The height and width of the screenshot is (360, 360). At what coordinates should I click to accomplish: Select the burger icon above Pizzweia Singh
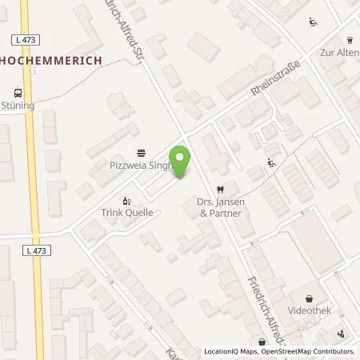click(x=142, y=153)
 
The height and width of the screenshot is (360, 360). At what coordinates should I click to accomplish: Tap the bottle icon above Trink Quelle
click(x=125, y=200)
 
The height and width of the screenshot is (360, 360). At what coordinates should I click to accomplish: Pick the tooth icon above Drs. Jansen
click(x=221, y=189)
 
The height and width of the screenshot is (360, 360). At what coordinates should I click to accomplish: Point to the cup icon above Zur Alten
click(x=350, y=38)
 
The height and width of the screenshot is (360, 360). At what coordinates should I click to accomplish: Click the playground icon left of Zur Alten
click(x=311, y=22)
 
